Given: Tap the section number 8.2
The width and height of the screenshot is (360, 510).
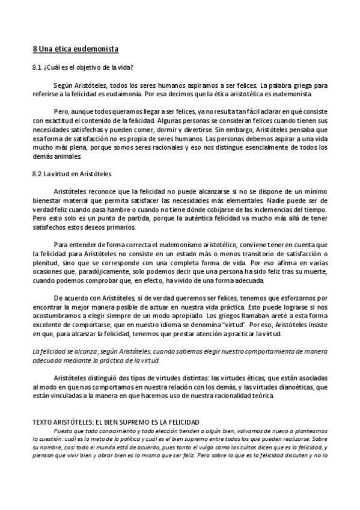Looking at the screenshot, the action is [37, 173].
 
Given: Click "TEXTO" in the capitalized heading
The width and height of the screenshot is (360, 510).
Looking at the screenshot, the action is [43, 422].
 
